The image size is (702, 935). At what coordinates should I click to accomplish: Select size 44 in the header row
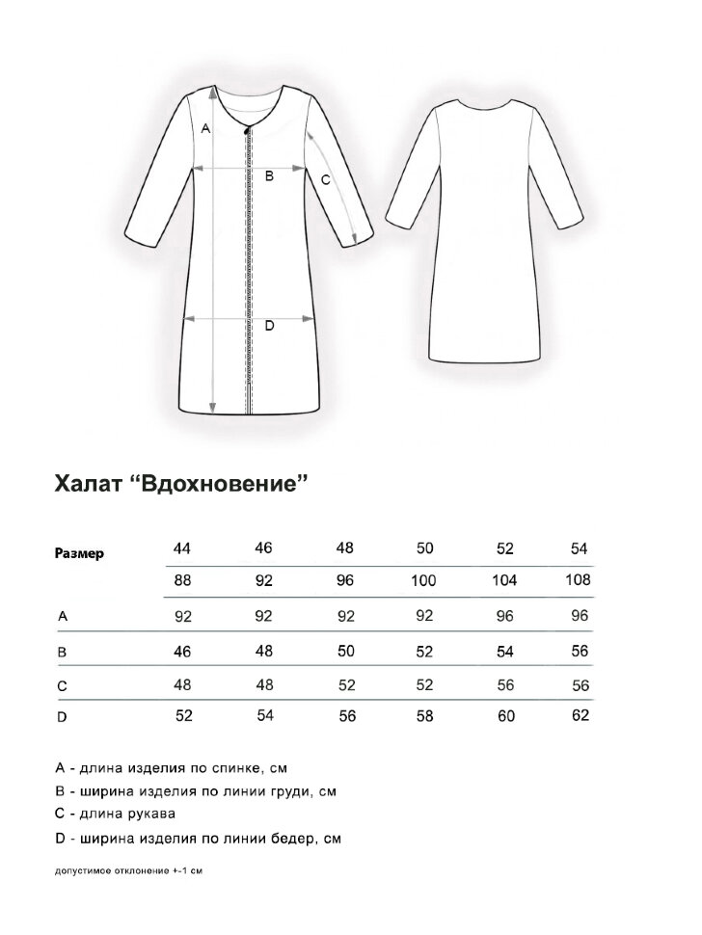pos(182,548)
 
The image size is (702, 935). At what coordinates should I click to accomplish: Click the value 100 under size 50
pos(423,580)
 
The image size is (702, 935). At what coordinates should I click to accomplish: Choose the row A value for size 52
pos(504,615)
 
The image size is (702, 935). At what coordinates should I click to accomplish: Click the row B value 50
pos(344,651)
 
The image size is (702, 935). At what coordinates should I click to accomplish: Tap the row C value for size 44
pos(182,685)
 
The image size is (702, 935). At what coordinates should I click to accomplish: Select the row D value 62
pos(580,715)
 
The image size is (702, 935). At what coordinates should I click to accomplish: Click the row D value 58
pos(423,716)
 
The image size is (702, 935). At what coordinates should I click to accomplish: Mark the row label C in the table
pos(63,685)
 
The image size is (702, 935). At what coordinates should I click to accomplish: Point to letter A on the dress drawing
pos(205,127)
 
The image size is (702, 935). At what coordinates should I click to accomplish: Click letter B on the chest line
pos(270,175)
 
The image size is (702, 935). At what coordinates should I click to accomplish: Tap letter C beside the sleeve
pos(325,179)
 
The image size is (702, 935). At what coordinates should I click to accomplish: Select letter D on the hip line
pos(269,326)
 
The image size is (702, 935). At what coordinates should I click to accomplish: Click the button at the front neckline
pos(250,131)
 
